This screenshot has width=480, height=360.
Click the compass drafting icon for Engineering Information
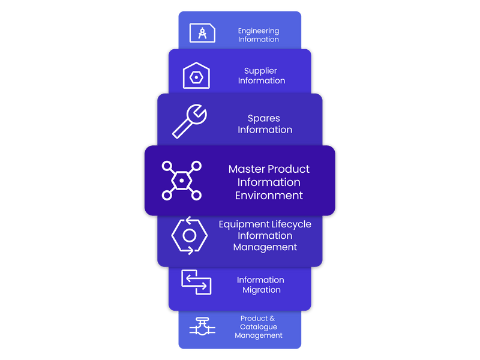coord(202,32)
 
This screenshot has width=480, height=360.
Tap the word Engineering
coord(259,31)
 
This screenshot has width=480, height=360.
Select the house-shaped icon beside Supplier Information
coord(196,76)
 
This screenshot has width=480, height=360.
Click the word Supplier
coord(260,71)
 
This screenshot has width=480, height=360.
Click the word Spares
coord(264,118)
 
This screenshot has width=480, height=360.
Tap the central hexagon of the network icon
coord(181,180)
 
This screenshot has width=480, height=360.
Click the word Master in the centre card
coord(246,169)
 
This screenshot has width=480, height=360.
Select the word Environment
coord(269,196)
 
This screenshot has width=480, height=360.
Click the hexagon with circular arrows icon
coord(189,235)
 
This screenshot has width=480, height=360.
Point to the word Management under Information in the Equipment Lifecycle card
coord(265,247)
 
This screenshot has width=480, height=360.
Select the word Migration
coord(261,290)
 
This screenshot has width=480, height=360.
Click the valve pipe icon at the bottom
coord(202,327)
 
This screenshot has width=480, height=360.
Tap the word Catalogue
coord(259,327)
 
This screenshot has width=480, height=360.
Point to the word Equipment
coord(244,224)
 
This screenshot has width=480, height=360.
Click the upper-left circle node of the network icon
coord(167,166)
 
